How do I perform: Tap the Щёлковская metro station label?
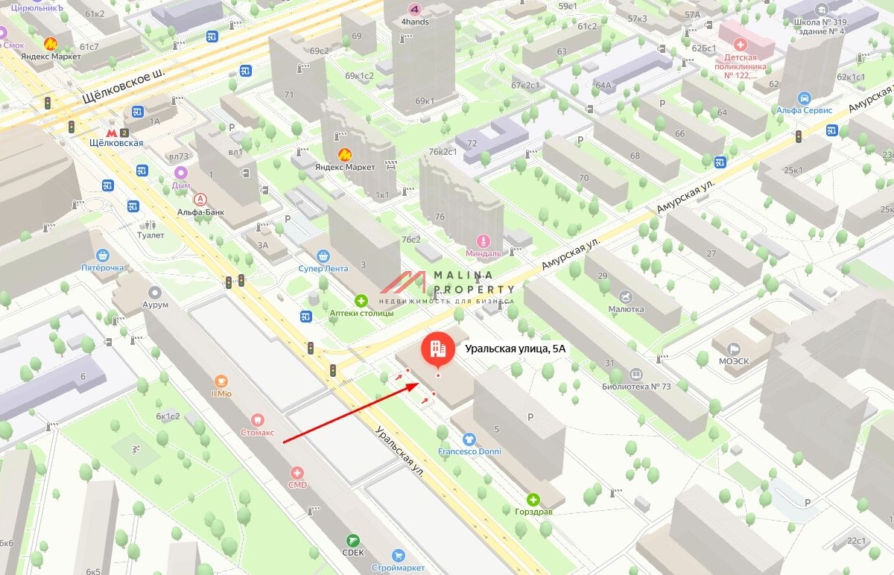115,143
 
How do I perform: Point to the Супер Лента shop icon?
323,256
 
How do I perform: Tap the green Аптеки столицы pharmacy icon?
361,301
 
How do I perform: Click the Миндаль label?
484,252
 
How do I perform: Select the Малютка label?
626,308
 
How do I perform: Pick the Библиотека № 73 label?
636,387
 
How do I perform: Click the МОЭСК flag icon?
733,349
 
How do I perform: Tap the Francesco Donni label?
469,451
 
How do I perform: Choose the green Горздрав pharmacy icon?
533,500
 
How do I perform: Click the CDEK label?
354,552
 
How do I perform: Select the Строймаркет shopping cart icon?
399,556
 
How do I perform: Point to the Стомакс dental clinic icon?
258,419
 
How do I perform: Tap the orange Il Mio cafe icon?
221,381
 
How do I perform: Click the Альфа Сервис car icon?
804,98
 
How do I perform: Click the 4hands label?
415,22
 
